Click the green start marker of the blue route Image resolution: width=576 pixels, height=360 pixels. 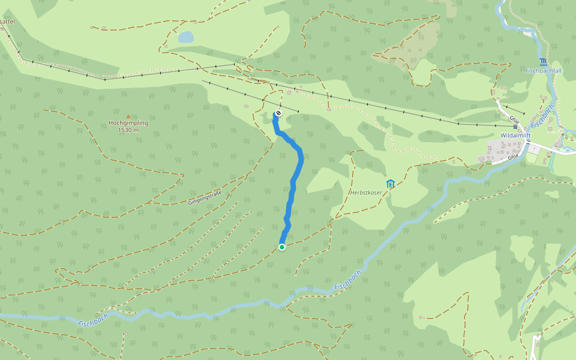click(282, 247)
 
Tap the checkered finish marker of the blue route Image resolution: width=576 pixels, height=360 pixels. click(278, 113)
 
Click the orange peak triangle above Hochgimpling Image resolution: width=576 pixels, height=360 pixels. click(128, 116)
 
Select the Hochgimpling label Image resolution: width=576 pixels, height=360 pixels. click(128, 123)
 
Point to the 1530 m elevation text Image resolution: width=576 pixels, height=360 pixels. click(128, 130)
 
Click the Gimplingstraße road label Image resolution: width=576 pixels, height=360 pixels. click(205, 197)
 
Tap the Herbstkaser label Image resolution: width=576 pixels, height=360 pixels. click(366, 192)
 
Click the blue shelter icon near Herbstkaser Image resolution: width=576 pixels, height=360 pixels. click(391, 184)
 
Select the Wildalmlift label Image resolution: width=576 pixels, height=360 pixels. click(515, 136)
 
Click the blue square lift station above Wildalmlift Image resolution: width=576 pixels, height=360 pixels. click(515, 127)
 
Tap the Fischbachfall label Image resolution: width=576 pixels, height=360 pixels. click(543, 71)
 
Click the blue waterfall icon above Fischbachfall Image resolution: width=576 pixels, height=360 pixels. click(543, 62)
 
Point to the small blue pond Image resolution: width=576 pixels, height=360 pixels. click(186, 37)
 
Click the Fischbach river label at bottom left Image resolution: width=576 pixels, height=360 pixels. click(93, 320)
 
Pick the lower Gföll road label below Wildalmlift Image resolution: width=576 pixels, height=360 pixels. click(513, 157)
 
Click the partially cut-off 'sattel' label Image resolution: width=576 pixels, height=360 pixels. click(7, 22)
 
